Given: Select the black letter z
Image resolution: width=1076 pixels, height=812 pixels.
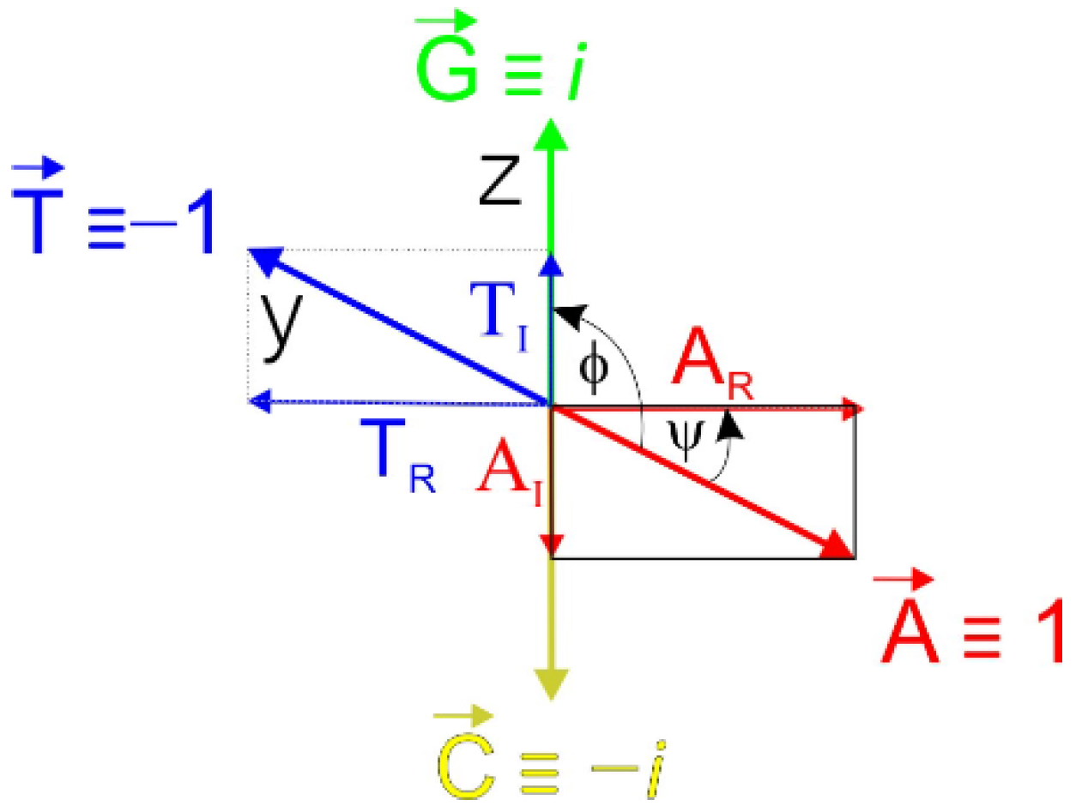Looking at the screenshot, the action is pyautogui.click(x=499, y=181).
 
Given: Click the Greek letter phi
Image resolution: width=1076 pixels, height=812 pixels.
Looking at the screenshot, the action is pyautogui.click(x=592, y=367).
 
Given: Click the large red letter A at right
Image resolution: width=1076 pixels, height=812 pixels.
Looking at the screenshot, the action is pyautogui.click(x=909, y=630).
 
